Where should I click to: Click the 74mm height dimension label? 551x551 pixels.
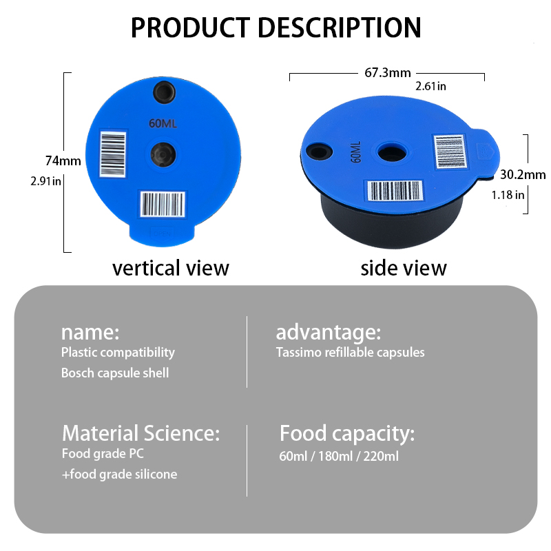(63, 160)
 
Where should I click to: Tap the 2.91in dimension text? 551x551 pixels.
(46, 181)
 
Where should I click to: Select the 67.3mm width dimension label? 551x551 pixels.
(388, 72)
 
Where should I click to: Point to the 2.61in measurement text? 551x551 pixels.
(431, 86)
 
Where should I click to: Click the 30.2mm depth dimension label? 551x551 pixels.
(523, 174)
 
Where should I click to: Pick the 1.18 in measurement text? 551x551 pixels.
(508, 195)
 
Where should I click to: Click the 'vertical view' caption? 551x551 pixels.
(171, 268)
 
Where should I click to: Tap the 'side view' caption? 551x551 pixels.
(404, 268)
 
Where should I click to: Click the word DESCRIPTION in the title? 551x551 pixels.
(340, 28)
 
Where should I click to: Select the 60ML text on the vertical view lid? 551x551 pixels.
(163, 124)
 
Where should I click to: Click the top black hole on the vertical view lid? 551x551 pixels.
(164, 92)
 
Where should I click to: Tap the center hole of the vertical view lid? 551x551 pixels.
(163, 154)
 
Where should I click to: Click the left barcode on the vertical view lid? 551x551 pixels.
(113, 154)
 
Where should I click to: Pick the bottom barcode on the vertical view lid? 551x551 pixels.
(163, 204)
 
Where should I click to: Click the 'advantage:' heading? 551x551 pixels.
(329, 332)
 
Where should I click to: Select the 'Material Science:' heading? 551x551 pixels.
(141, 433)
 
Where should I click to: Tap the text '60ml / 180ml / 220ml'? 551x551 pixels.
(339, 456)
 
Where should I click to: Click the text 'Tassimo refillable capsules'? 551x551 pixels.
(351, 352)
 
